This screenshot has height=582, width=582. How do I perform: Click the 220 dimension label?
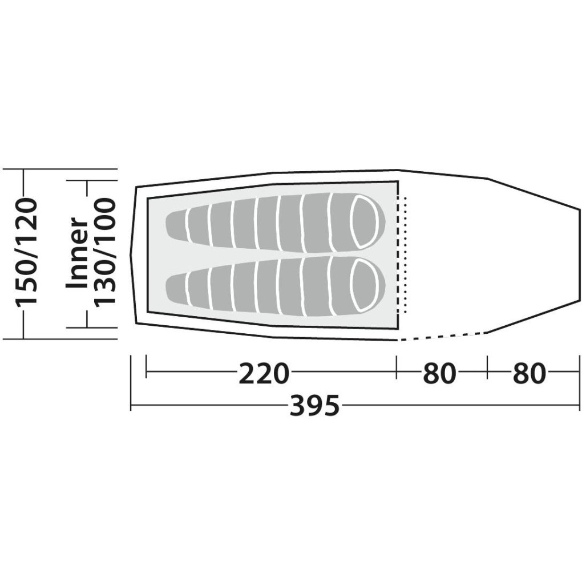pyautogui.click(x=264, y=373)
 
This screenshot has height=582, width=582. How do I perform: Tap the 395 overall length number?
pyautogui.click(x=314, y=405)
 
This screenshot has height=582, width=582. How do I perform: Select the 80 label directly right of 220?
pyautogui.click(x=439, y=373)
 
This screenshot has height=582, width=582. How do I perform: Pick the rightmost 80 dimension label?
pyautogui.click(x=530, y=373)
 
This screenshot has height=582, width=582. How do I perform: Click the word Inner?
pyautogui.click(x=77, y=253)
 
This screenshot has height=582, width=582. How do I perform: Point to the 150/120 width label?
pyautogui.click(x=26, y=253)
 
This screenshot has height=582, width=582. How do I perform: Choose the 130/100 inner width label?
pyautogui.click(x=104, y=253)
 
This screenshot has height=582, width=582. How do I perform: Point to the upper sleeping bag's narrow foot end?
pyautogui.click(x=177, y=222)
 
